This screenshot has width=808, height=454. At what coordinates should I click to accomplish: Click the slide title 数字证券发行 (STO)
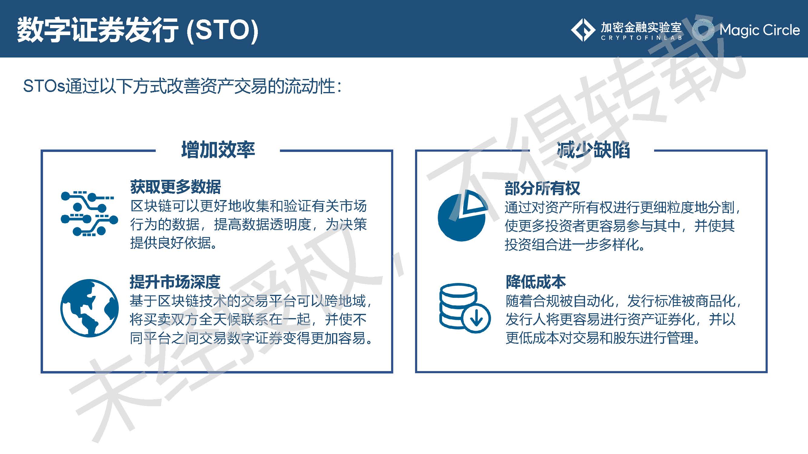coord(137,30)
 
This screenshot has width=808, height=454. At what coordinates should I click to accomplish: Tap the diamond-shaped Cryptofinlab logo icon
coord(583,30)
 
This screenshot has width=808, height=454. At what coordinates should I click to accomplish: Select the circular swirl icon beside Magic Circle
coord(703,30)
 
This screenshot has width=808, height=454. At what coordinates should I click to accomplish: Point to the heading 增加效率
coord(218,150)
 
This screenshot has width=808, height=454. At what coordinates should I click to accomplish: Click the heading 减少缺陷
coord(593,150)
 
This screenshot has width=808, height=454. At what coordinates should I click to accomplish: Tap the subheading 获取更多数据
coord(175,187)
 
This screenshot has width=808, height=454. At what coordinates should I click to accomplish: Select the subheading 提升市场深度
coord(175,282)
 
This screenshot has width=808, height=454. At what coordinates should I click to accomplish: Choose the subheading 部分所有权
coord(542,188)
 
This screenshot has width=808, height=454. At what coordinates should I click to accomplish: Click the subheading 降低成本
coord(535,282)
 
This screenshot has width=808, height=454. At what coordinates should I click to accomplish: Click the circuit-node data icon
coord(89,214)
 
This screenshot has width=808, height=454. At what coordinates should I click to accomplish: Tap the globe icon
coord(89,308)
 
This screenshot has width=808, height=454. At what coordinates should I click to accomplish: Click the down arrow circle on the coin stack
coord(477,318)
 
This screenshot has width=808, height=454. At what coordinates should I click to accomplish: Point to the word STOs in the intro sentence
coord(44,86)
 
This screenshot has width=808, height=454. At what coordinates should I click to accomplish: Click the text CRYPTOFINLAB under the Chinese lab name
coord(641,38)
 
